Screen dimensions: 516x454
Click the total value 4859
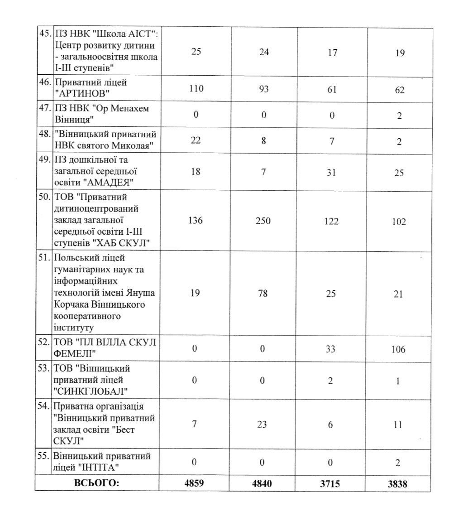click(195, 483)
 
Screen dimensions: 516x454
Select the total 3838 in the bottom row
click(398, 483)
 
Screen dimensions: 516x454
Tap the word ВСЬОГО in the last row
click(96, 483)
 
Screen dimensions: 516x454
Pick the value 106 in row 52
click(399, 349)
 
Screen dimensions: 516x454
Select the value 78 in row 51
click(262, 294)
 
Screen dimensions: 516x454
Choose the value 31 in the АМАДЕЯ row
click(331, 173)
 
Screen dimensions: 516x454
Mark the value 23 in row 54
click(262, 424)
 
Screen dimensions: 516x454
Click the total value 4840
click(262, 483)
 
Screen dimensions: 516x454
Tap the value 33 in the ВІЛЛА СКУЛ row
click(331, 349)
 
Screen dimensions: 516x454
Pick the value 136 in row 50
click(195, 222)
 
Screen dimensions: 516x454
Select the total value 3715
click(331, 483)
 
